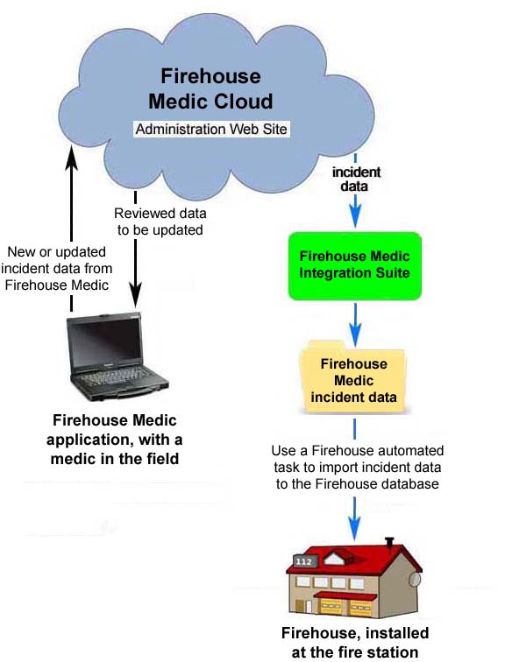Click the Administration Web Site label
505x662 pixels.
(211, 129)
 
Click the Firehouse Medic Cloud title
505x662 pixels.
(210, 88)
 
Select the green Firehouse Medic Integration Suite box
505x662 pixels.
(355, 266)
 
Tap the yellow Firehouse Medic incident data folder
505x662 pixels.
(352, 377)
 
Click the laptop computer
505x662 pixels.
(117, 356)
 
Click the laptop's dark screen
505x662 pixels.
(106, 342)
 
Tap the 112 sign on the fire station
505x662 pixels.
(304, 561)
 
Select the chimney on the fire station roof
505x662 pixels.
(389, 543)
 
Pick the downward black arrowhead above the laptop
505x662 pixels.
(135, 296)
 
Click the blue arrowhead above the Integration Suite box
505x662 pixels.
(355, 216)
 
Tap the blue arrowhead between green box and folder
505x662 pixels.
(355, 335)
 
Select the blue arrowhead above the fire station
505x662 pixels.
(354, 528)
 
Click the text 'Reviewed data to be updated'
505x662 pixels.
(160, 222)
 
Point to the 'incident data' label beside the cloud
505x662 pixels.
(356, 179)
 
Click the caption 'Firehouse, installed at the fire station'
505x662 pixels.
(355, 643)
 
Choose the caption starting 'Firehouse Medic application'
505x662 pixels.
(115, 440)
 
